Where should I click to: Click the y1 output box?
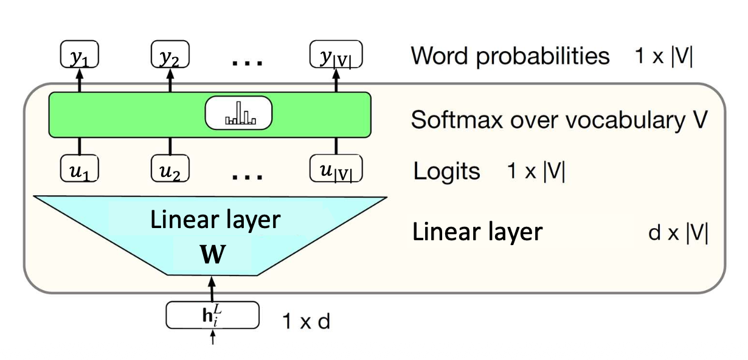pos(80,55)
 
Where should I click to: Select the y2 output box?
pos(170,55)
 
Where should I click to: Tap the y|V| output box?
pos(335,55)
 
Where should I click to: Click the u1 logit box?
pos(80,169)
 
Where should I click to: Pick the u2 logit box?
pos(170,169)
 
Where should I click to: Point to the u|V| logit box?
pos(335,169)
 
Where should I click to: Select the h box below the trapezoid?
pos(212,315)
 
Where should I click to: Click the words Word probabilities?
pos(510,55)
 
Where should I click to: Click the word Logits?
pos(446,171)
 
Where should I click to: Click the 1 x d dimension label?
pos(306,320)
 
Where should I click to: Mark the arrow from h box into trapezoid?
pos(212,288)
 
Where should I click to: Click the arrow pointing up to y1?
pos(80,80)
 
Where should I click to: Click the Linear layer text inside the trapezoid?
pos(216,220)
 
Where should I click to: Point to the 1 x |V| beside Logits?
pos(535,172)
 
